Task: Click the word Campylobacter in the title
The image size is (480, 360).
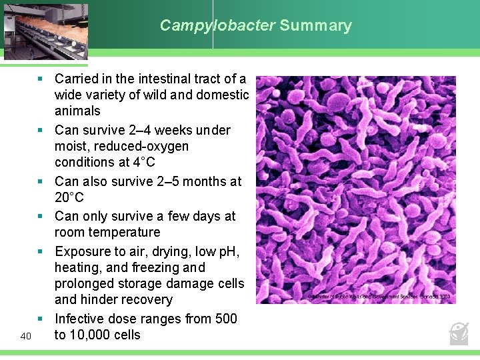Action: [217, 26]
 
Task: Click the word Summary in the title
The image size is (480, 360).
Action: [315, 26]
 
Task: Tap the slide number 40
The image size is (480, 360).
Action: [26, 335]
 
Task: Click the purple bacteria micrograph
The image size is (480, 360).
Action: [355, 189]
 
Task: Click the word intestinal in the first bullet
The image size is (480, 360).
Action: [161, 79]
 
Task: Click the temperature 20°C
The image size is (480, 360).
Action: [69, 197]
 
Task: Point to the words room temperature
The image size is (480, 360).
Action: [107, 232]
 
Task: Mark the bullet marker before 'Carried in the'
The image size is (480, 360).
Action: [40, 79]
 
